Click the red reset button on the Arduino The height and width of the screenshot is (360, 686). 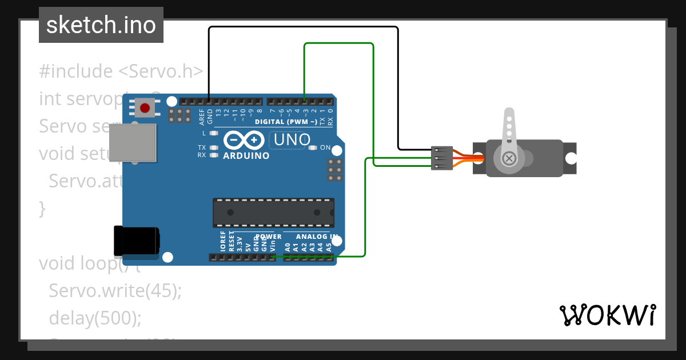coord(145,107)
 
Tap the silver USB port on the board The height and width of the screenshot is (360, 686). coord(133,143)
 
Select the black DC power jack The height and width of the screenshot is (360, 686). coord(136,241)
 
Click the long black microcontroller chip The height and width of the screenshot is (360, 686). coord(273,212)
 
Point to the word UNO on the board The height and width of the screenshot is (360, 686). coord(292,139)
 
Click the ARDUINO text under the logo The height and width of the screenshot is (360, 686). coord(246,155)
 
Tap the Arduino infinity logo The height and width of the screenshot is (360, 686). coord(244,140)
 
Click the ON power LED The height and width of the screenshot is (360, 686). coord(312,147)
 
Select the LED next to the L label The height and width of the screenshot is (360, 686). coord(214,133)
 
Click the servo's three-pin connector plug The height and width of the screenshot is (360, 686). coord(441,158)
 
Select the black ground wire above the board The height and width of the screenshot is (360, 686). coord(303,27)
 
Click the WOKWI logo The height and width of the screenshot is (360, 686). coord(607,315)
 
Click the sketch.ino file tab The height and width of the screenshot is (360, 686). coord(101,25)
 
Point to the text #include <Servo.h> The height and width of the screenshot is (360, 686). coord(121,71)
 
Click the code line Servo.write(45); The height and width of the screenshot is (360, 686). coord(115,290)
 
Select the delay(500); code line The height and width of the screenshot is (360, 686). coord(95,318)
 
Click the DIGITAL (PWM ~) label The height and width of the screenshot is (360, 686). coord(286,122)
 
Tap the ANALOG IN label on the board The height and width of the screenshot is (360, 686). coord(316,237)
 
